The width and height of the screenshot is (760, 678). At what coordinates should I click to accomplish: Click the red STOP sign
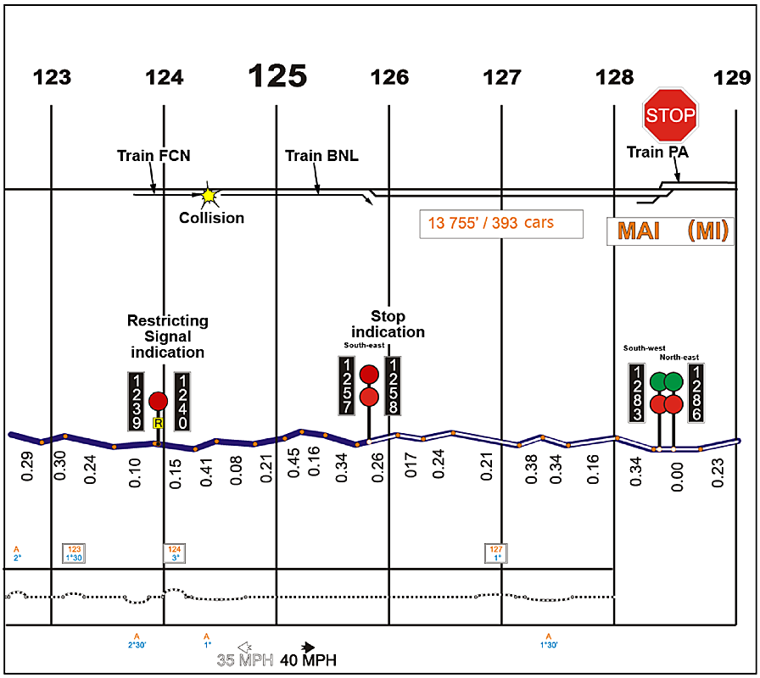point(670,114)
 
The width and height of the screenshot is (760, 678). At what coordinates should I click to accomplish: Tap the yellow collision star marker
point(208,196)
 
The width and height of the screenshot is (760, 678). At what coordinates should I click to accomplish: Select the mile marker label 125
point(277,76)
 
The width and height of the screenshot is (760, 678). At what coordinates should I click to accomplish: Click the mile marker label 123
point(52,79)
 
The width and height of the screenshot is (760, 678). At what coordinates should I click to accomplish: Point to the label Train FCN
point(154,155)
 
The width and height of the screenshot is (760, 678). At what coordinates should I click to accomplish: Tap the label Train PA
point(657,152)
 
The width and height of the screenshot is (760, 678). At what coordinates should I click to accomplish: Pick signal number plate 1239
point(137,400)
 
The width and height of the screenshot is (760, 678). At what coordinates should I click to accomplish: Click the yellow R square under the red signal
point(158,422)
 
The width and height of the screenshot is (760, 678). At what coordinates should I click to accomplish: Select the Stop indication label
point(388,325)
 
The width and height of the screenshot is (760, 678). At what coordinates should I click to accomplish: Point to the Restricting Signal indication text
point(167,336)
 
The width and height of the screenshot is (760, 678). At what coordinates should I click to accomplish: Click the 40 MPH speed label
point(310,659)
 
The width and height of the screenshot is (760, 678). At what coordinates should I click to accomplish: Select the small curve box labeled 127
point(497,553)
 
